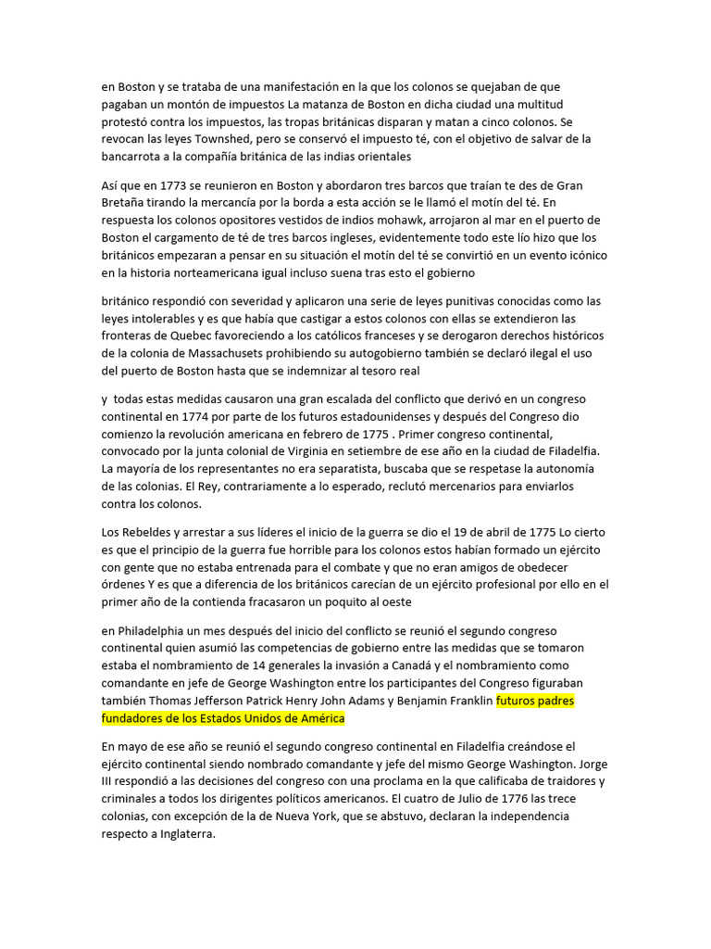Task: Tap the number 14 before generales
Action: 259,665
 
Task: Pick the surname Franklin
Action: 468,701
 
